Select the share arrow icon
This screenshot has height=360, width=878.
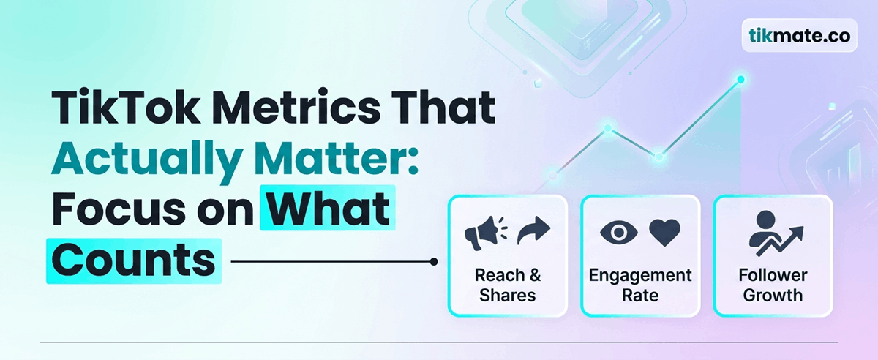click(x=533, y=232)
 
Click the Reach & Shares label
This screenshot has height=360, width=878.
click(x=508, y=285)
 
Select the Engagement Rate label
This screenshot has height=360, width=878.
click(x=640, y=285)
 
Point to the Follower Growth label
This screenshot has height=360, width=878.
click(x=773, y=285)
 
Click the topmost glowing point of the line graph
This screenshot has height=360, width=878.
click(x=740, y=79)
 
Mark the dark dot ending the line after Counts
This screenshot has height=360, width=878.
click(x=435, y=261)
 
